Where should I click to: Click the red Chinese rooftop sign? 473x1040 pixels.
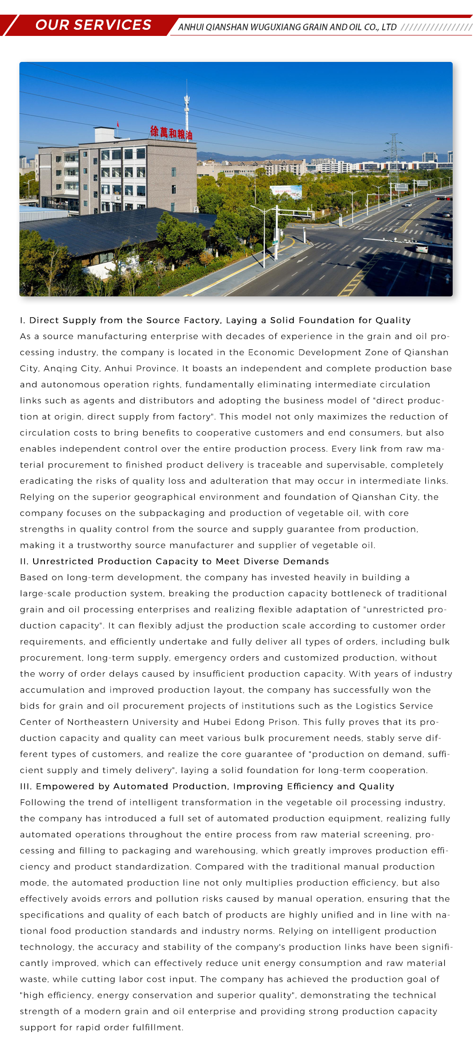[171, 133]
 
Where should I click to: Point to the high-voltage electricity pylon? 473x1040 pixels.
[393, 156]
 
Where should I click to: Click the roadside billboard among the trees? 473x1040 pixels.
[286, 191]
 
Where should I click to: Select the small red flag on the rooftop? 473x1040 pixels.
[118, 124]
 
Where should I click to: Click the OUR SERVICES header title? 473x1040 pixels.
[93, 25]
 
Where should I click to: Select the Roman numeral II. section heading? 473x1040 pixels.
[174, 561]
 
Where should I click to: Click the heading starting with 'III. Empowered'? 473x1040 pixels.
[207, 786]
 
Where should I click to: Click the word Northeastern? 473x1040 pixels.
[98, 722]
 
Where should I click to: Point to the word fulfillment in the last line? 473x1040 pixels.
[158, 1027]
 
